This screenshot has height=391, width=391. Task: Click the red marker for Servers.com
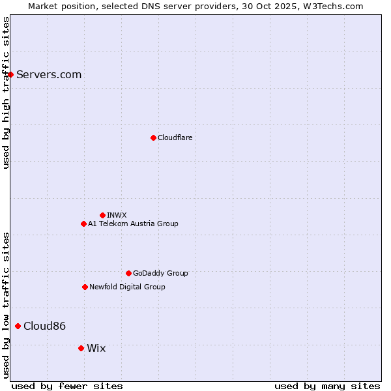[11, 75]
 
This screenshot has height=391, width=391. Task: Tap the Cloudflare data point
[153, 138]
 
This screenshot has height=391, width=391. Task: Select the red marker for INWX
[102, 215]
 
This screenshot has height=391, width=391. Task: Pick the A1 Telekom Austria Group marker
[83, 224]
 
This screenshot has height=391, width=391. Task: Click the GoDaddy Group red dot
[128, 273]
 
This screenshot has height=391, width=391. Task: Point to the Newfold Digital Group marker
[85, 287]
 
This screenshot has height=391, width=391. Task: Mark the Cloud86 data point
[18, 326]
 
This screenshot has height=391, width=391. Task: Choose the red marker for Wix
[81, 348]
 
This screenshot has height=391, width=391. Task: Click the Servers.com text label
[49, 75]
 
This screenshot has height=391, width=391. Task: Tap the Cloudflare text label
[175, 138]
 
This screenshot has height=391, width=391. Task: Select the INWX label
[117, 215]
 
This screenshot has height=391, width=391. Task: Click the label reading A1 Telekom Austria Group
[133, 224]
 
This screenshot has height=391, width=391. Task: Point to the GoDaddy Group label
[160, 273]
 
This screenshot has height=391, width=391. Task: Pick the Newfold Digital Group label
[127, 287]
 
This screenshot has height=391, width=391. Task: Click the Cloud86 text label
[44, 326]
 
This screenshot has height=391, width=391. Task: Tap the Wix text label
[96, 348]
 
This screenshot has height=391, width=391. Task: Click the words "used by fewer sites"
[67, 386]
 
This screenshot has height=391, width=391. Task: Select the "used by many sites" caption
[327, 386]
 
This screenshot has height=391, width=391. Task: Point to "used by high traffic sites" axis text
[6, 93]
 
